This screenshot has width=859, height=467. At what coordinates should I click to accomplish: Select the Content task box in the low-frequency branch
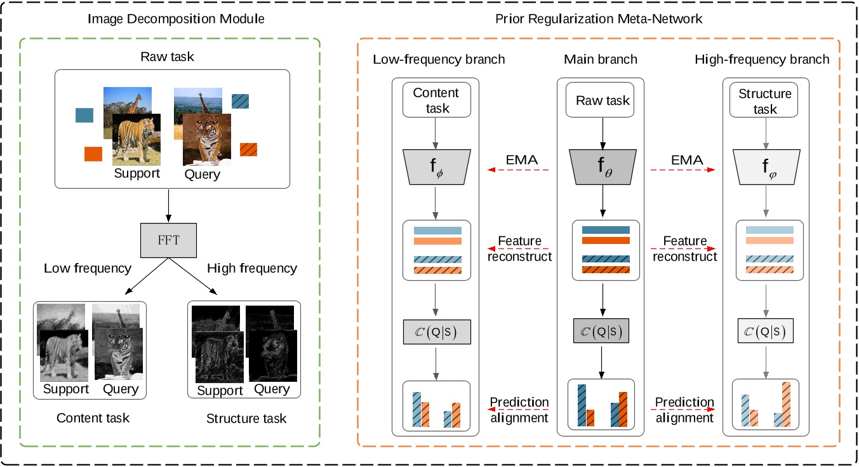click(x=436, y=100)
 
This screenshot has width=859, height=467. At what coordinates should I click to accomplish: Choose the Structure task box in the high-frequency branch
click(x=764, y=100)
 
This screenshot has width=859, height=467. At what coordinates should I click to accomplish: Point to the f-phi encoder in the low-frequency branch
click(x=436, y=167)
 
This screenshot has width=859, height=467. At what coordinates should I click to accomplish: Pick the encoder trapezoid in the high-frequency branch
click(x=764, y=167)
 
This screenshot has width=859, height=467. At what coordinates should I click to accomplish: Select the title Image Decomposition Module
click(x=175, y=19)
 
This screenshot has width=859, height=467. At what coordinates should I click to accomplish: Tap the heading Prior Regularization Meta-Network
click(x=599, y=19)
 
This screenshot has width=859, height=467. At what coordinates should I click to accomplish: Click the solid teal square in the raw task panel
click(x=84, y=115)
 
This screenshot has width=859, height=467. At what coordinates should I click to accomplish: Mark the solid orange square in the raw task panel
click(x=93, y=154)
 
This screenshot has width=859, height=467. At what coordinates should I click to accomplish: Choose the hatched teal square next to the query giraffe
click(x=241, y=101)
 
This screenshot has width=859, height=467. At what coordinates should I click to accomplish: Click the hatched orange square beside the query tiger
click(x=248, y=149)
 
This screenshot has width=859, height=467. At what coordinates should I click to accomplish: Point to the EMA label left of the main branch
click(x=522, y=161)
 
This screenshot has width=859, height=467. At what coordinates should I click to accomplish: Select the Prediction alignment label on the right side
click(x=684, y=410)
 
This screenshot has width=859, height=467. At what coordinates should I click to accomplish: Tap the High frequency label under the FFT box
click(x=251, y=268)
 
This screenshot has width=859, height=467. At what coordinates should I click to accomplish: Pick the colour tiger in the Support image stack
click(x=133, y=139)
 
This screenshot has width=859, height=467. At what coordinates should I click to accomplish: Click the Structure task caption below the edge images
click(x=246, y=418)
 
